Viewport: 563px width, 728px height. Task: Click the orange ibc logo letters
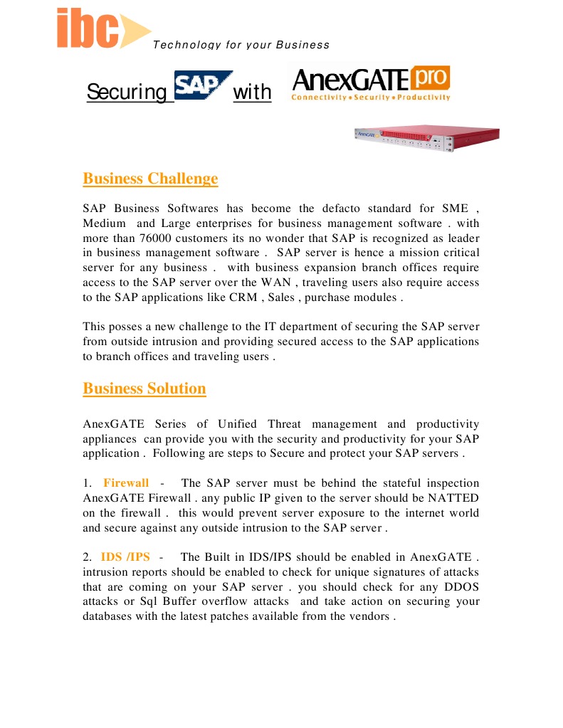[88, 29]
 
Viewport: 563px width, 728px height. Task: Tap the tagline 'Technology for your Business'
[241, 45]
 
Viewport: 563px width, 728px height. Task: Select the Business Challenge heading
[150, 178]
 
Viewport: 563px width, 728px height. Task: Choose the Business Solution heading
[144, 389]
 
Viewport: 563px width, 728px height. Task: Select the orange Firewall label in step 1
[126, 484]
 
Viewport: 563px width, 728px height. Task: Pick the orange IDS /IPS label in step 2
[125, 556]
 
